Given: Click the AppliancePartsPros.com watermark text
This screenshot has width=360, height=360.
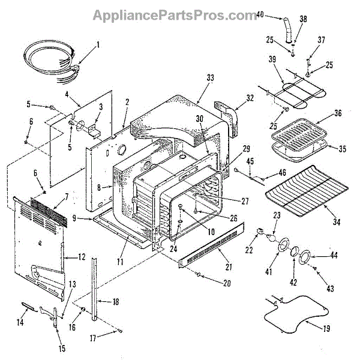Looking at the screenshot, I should coord(175,15).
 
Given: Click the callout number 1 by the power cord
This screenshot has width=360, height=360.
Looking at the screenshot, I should coord(98,44).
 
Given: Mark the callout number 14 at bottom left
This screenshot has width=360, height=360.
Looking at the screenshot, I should coord(21,323).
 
